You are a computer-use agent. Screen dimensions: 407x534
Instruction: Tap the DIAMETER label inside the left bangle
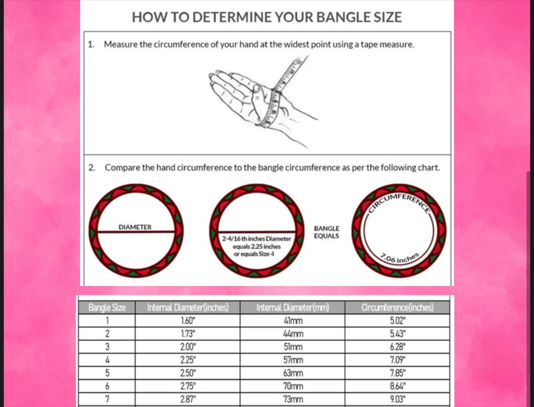[135, 227]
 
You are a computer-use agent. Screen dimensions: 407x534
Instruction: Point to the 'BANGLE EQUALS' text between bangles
[327, 232]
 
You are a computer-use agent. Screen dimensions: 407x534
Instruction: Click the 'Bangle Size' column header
[107, 308]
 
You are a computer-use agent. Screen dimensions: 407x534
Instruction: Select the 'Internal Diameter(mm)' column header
[292, 308]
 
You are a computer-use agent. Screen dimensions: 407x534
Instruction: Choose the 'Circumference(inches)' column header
[397, 308]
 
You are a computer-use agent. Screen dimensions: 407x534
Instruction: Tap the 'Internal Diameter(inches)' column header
[188, 308]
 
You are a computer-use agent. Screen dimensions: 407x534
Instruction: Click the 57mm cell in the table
[293, 360]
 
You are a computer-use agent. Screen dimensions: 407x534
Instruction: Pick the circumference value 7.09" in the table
[398, 360]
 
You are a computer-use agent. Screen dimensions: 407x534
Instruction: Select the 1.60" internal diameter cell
[188, 320]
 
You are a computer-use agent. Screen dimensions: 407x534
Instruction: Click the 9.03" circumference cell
[398, 400]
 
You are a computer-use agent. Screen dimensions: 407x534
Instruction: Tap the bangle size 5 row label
[107, 373]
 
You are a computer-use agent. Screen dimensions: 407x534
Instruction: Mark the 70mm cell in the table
[293, 386]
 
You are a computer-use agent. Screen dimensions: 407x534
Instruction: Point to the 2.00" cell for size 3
[188, 347]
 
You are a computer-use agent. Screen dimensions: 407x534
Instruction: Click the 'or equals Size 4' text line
[254, 254]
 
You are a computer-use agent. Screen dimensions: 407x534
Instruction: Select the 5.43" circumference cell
[398, 334]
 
